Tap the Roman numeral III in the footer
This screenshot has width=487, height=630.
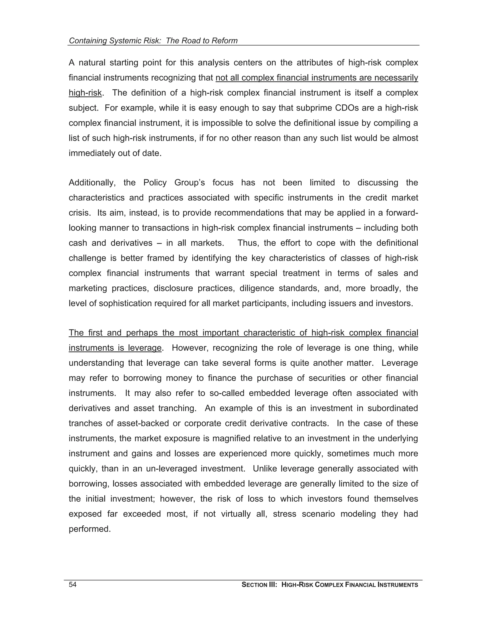point(273,585)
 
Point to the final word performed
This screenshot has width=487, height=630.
point(89,529)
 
